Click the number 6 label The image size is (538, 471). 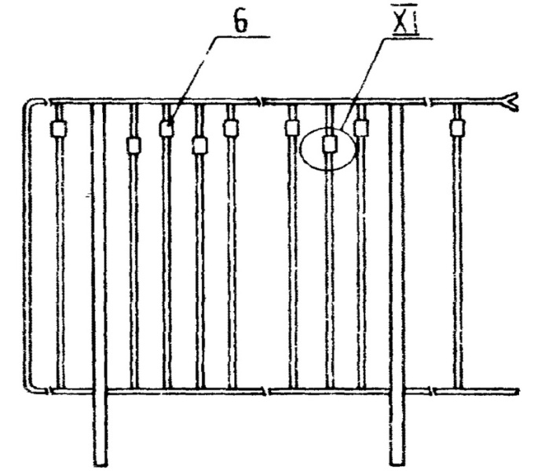pos(241,23)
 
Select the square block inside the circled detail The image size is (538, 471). pos(330,144)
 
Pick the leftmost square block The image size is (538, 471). pos(57,129)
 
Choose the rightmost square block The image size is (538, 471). pos(456,128)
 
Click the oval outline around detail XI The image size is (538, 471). pos(303,149)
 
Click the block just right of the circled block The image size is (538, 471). pos(361,128)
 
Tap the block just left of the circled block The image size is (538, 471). pos(291,128)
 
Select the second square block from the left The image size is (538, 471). pos(134,145)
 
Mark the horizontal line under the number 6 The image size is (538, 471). pos(243,37)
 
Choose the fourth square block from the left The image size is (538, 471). pos(199,145)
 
